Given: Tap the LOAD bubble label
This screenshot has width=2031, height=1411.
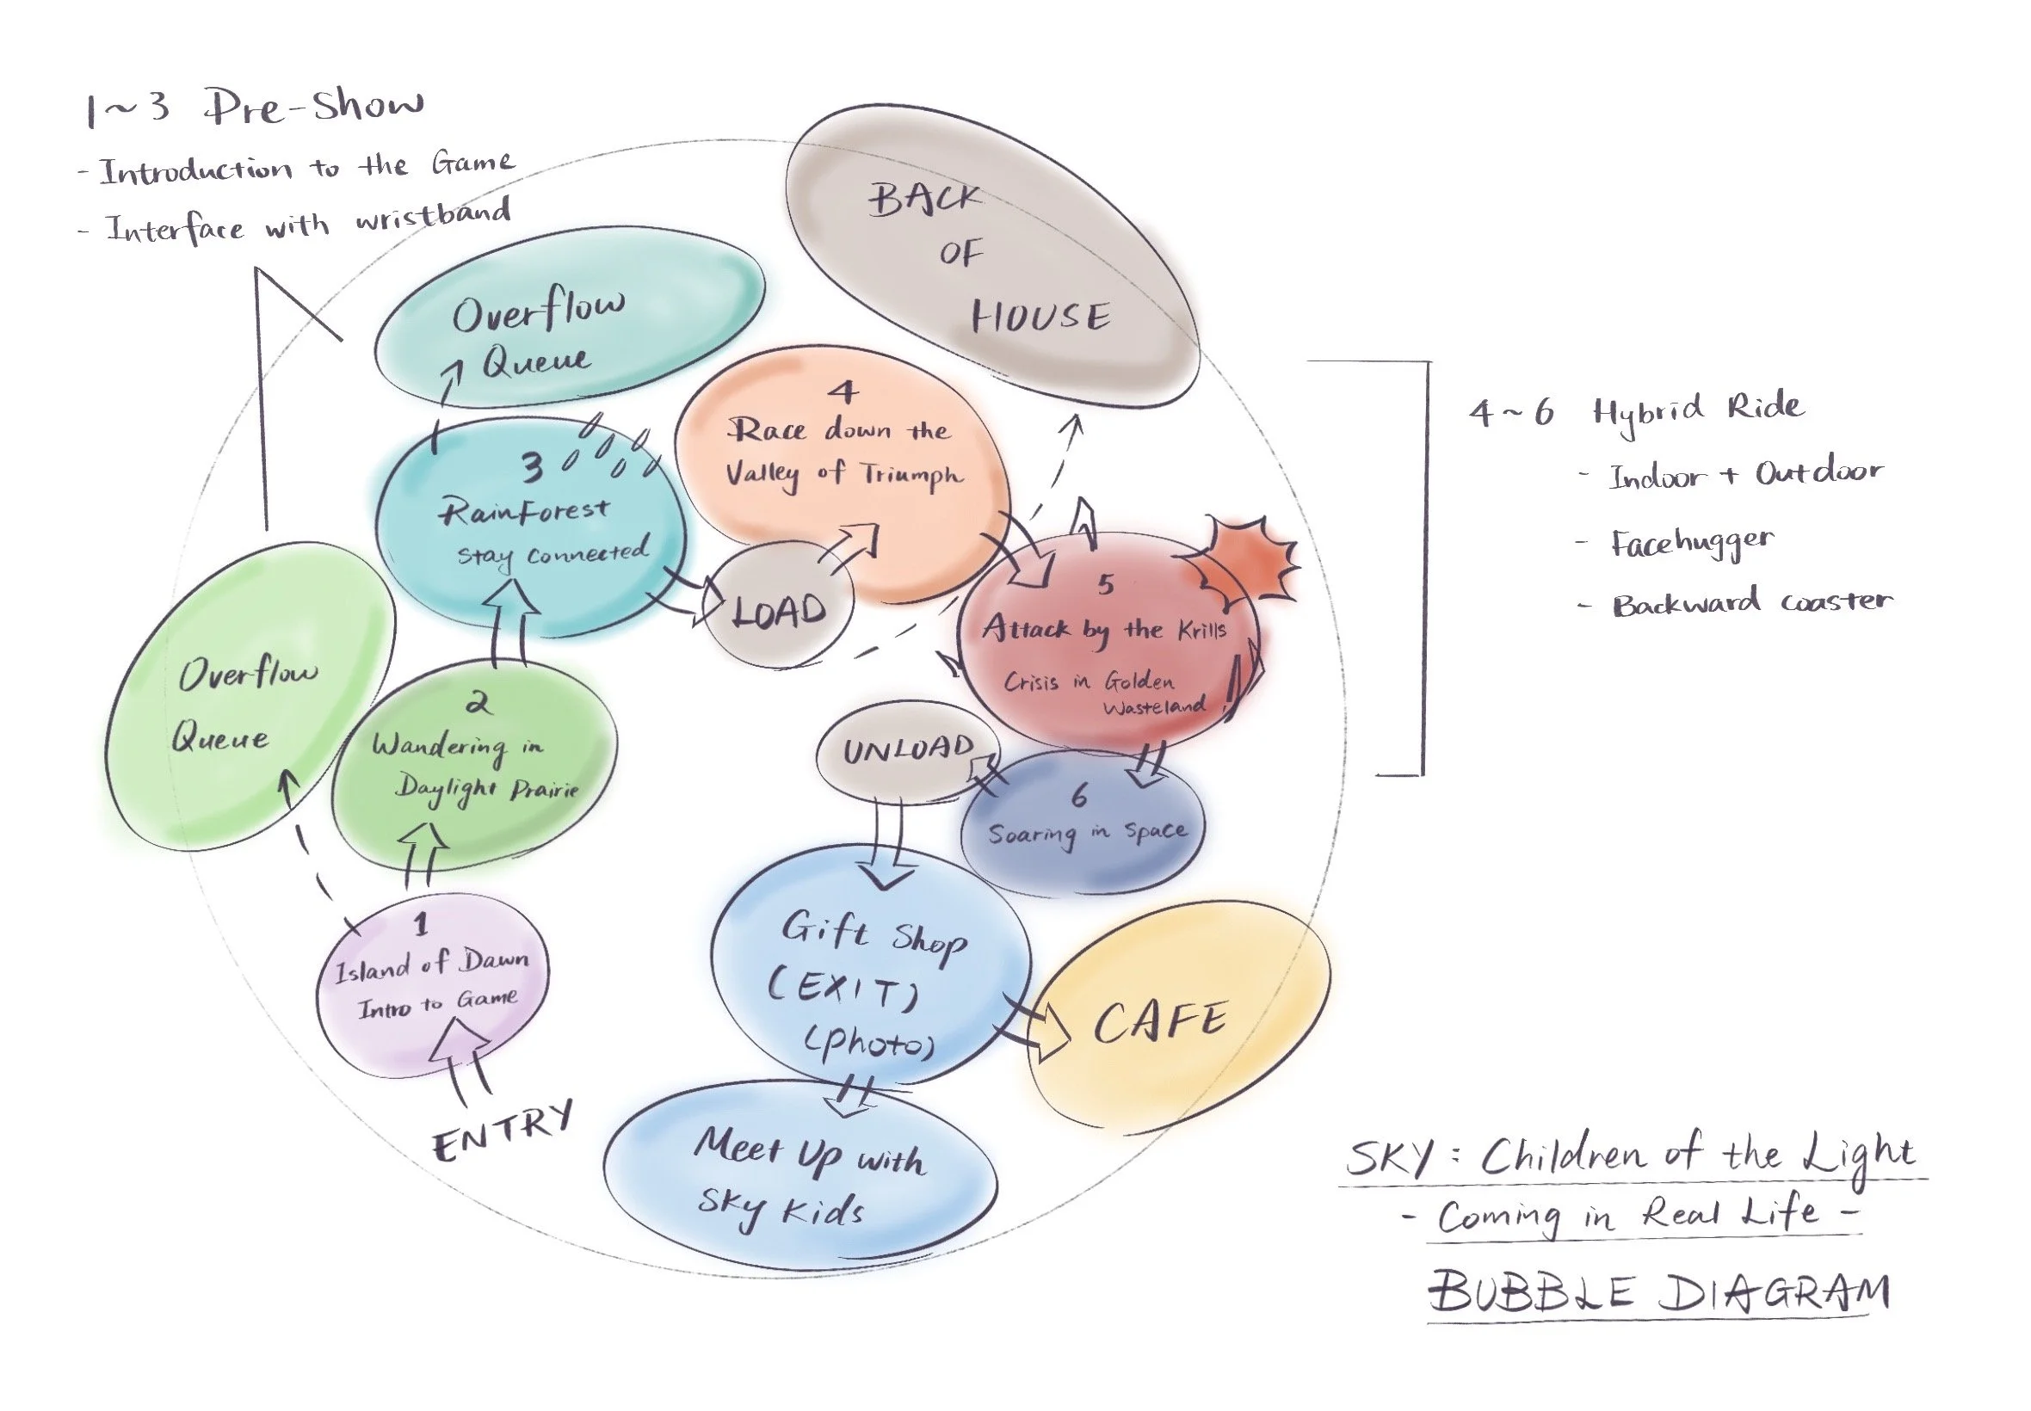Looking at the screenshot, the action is click(x=779, y=611).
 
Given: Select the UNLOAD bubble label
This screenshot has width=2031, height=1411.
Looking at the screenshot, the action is click(x=907, y=749).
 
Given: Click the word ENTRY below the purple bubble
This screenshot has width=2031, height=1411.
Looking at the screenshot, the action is click(x=503, y=1132).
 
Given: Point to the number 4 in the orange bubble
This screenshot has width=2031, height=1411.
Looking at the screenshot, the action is click(x=843, y=391).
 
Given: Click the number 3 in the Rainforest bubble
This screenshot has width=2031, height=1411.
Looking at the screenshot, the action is click(x=531, y=468).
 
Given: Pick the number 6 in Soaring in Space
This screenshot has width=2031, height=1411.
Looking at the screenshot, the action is click(x=1078, y=796).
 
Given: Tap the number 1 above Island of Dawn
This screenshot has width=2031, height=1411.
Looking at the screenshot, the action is click(x=421, y=925).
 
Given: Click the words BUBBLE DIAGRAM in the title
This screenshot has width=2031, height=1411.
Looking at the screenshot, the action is click(x=1658, y=1291).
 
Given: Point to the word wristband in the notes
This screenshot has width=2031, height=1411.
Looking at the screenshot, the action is click(x=433, y=216).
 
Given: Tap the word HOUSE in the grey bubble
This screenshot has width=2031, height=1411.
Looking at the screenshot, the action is click(x=1040, y=317).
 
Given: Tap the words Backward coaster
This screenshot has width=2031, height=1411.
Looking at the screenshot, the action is click(x=1751, y=603).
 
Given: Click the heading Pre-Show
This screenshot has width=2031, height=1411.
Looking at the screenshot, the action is click(x=314, y=108).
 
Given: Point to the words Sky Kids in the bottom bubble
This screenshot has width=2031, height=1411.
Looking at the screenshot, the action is click(x=780, y=1207).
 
